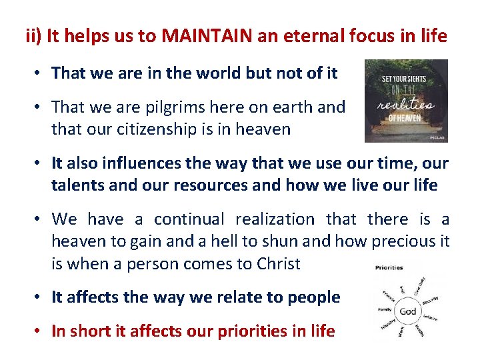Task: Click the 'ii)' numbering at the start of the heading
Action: [x=34, y=36]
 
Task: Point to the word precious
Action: [x=394, y=241]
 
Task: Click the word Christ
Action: [x=279, y=263]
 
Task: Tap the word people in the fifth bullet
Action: [x=315, y=297]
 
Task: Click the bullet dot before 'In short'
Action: [x=41, y=331]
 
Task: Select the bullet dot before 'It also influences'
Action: [x=41, y=164]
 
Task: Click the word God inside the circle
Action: [x=407, y=311]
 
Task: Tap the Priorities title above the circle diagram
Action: [x=389, y=268]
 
